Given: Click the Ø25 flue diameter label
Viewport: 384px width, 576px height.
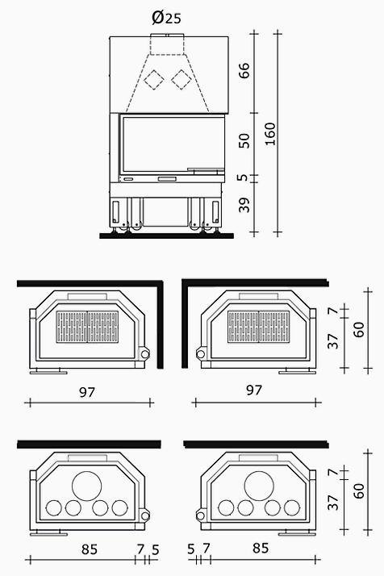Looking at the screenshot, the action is pyautogui.click(x=166, y=17).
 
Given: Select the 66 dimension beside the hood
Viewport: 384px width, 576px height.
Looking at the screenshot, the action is pyautogui.click(x=244, y=70).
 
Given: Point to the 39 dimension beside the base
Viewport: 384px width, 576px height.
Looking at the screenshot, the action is pyautogui.click(x=244, y=205).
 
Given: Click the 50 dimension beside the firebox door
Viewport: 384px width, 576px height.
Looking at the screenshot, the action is pyautogui.click(x=244, y=140).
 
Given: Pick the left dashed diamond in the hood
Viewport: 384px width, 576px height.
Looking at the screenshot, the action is pyautogui.click(x=154, y=79).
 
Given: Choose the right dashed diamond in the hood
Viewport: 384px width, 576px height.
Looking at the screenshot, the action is pyautogui.click(x=182, y=79).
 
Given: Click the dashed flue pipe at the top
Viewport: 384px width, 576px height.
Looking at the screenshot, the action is pyautogui.click(x=167, y=44).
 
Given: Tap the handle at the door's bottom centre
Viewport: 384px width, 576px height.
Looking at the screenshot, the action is pyautogui.click(x=167, y=179).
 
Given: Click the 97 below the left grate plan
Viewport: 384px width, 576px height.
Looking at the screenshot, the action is pyautogui.click(x=87, y=392).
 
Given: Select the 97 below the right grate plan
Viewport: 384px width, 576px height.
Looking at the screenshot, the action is pyautogui.click(x=254, y=390).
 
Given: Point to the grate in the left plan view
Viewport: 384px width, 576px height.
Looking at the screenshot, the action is pyautogui.click(x=87, y=327).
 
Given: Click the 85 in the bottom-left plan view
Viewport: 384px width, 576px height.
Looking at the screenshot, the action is pyautogui.click(x=90, y=549).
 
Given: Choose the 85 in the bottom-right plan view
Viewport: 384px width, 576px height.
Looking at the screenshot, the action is pyautogui.click(x=261, y=548).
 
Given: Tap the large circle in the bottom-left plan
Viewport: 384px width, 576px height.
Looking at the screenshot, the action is pyautogui.click(x=87, y=486).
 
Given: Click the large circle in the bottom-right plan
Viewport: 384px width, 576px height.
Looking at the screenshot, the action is pyautogui.click(x=259, y=486).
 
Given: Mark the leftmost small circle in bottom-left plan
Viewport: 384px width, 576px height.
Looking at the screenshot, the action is pyautogui.click(x=54, y=508).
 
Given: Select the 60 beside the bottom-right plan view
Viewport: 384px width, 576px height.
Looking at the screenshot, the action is pyautogui.click(x=359, y=490).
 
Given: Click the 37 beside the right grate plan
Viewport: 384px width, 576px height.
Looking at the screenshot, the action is pyautogui.click(x=333, y=341).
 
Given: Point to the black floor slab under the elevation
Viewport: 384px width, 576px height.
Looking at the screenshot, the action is pyautogui.click(x=166, y=235).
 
